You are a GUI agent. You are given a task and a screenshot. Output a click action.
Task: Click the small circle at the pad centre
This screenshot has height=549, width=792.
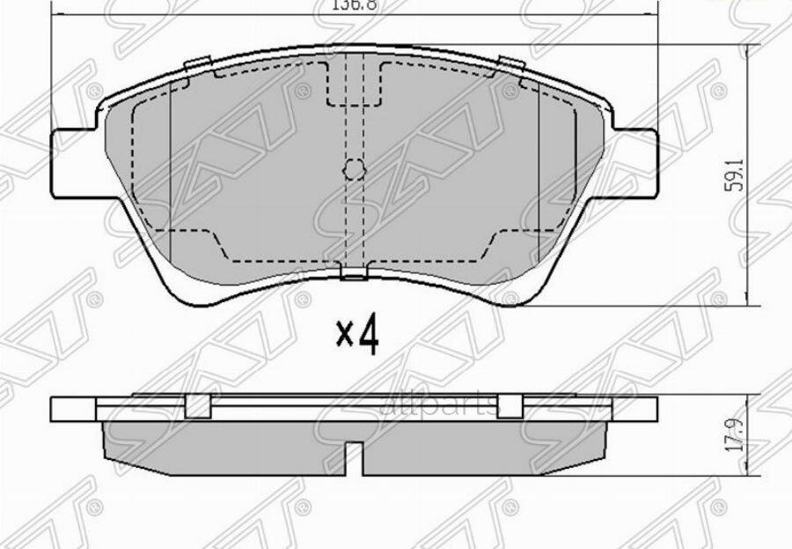(x=354, y=169)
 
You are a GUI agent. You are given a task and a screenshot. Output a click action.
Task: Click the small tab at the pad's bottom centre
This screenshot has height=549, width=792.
(x=354, y=273)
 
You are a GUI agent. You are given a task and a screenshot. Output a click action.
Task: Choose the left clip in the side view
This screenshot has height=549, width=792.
(x=199, y=406)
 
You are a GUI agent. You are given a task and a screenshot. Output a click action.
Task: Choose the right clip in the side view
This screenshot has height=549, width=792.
(x=510, y=406)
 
